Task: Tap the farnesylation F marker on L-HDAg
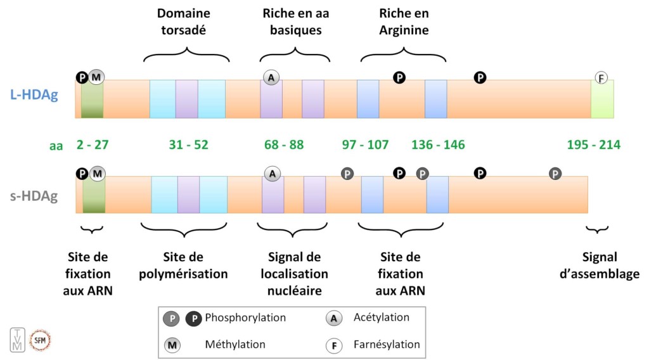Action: coord(601,78)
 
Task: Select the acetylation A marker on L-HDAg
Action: coord(271,77)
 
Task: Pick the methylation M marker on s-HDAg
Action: coord(97,173)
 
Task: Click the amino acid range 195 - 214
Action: coord(593,145)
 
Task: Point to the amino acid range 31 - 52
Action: coord(188,145)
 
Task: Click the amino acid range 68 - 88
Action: coord(284,145)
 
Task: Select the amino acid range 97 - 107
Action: coord(365,145)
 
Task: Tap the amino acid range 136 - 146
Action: coord(438,145)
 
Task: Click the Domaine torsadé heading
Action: coord(184,22)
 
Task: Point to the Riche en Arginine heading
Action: coord(404,22)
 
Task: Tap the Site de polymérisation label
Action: coord(184,266)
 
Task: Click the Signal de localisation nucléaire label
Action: coord(294,274)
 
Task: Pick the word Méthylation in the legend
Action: coord(235,345)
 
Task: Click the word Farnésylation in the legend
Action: coord(387,345)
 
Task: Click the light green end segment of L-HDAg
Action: coord(602,99)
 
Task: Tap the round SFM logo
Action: coord(40,340)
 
